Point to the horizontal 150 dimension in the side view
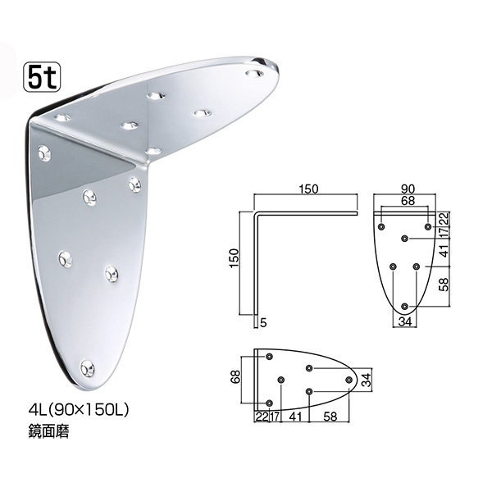(x=307, y=189)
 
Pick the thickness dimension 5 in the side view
(x=263, y=323)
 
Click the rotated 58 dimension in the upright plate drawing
(x=444, y=286)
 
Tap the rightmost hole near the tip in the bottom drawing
(x=355, y=380)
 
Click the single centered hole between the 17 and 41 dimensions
(x=405, y=239)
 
